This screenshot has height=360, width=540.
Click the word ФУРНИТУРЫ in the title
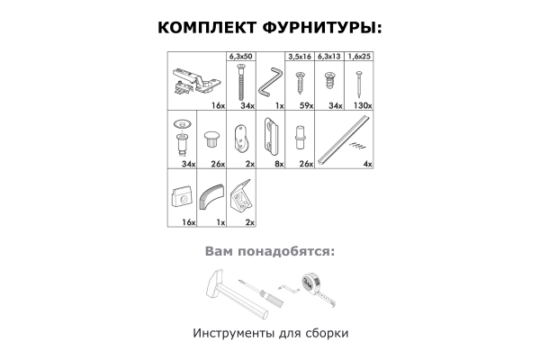322,28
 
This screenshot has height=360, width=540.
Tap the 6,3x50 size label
241,56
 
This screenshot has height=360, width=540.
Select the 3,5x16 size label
300,56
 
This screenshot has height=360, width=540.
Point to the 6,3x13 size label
328,56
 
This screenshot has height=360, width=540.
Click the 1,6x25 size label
359,56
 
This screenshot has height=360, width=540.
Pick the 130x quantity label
363,106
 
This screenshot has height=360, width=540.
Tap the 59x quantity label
307,106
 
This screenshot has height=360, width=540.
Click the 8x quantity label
279,165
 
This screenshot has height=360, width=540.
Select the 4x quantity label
368,165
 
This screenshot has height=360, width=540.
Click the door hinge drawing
195,82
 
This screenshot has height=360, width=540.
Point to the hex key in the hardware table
270,82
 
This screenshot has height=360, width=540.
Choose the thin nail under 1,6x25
359,84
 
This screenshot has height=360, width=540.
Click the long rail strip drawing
345,139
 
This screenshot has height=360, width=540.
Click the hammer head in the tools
215,284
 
